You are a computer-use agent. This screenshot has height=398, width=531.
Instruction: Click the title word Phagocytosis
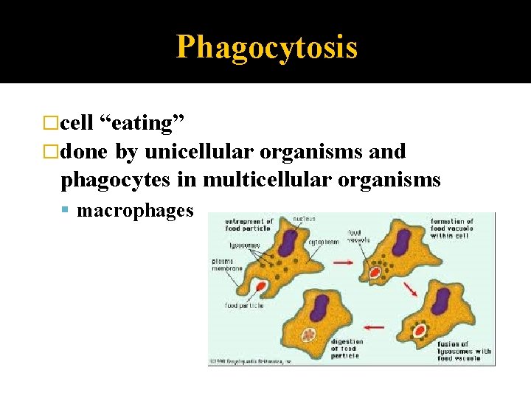(x=266, y=47)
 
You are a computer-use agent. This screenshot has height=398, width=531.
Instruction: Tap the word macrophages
(x=135, y=211)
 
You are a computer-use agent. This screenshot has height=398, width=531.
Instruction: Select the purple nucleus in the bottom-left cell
(x=320, y=307)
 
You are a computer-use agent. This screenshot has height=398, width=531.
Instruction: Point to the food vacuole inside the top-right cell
(x=375, y=273)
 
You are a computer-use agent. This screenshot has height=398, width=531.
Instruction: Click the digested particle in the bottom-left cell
(x=309, y=336)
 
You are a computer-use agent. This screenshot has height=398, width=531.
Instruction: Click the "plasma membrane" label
(x=226, y=265)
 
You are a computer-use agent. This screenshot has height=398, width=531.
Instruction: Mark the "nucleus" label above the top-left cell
(x=303, y=218)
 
